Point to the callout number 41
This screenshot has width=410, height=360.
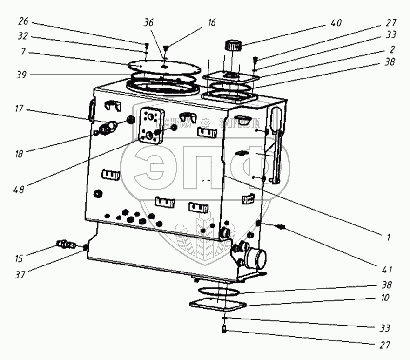pos(388,269)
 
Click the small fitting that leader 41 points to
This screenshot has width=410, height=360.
pos(281,227)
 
